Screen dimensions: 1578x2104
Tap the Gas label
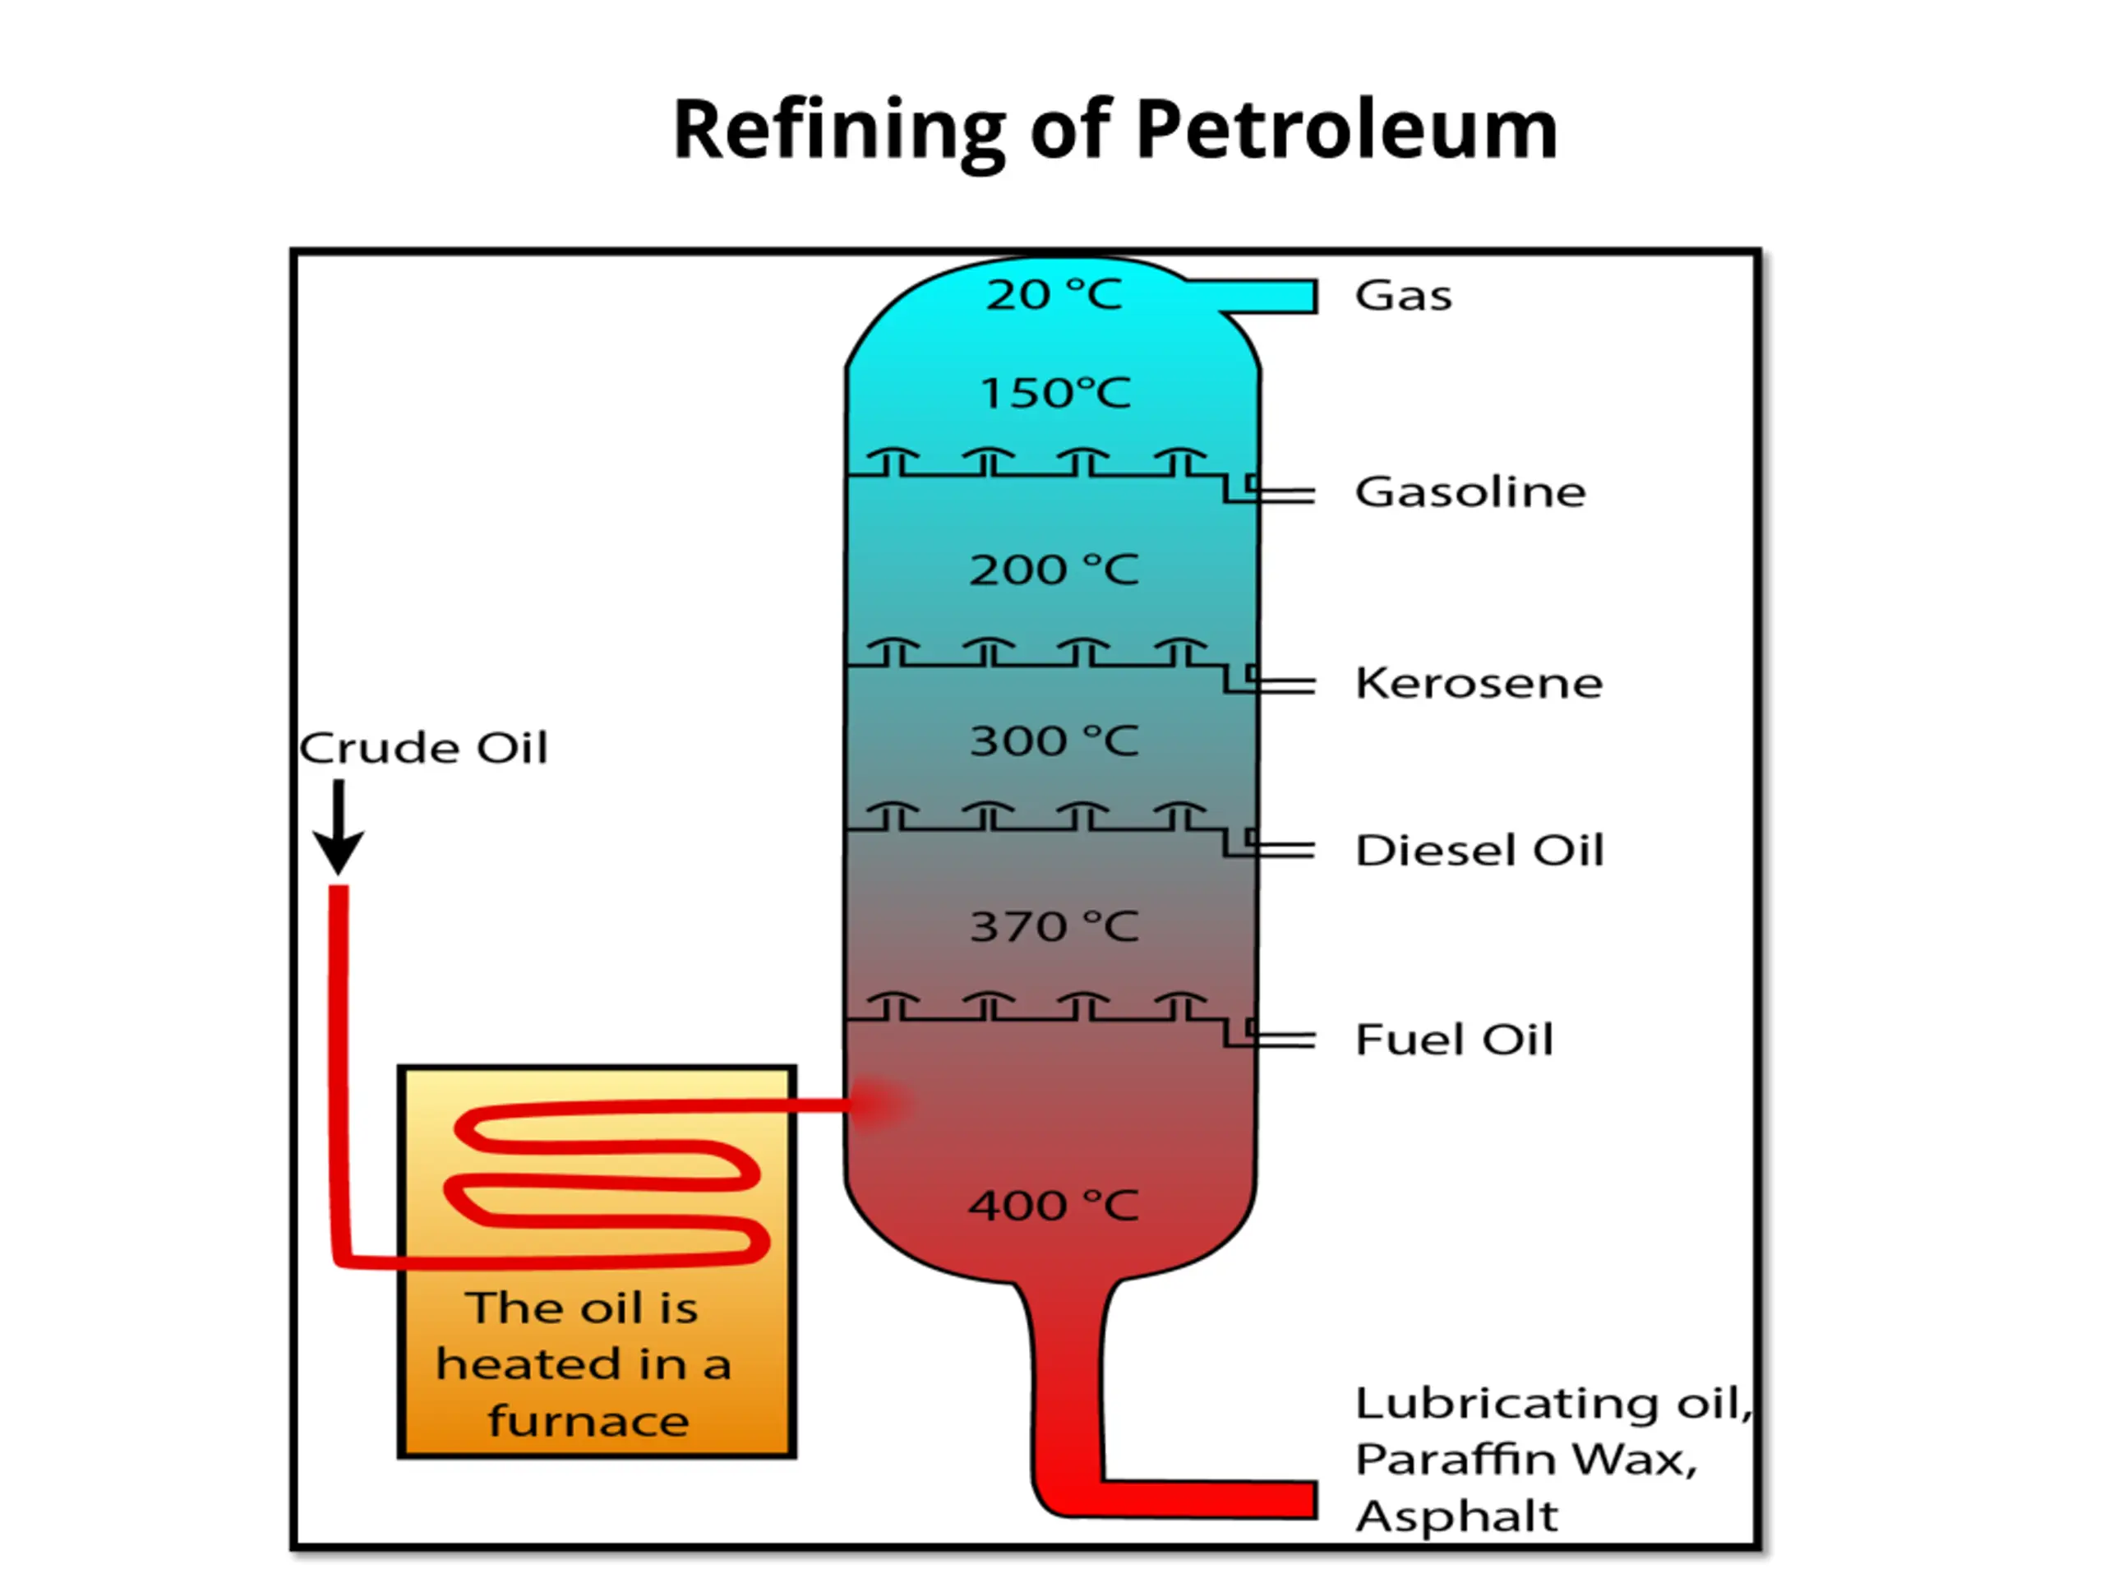pos(1403,296)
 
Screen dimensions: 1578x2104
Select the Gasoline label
pos(1470,492)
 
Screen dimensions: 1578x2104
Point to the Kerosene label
pos(1478,683)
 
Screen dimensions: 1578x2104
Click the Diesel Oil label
pos(1479,851)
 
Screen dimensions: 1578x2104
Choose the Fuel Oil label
pos(1453,1040)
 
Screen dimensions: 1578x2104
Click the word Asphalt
pos(1456,1516)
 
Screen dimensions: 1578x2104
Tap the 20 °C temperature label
pos(1054,295)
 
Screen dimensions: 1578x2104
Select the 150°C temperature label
pos(1054,394)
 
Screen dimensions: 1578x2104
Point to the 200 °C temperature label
pos(1054,570)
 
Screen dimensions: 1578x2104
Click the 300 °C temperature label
pos(1054,742)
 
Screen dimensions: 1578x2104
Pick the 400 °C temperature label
pos(1053,1206)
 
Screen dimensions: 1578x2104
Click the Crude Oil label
pos(423,749)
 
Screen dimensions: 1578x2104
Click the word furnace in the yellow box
pos(588,1421)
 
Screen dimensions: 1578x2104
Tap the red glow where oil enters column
pos(880,1103)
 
